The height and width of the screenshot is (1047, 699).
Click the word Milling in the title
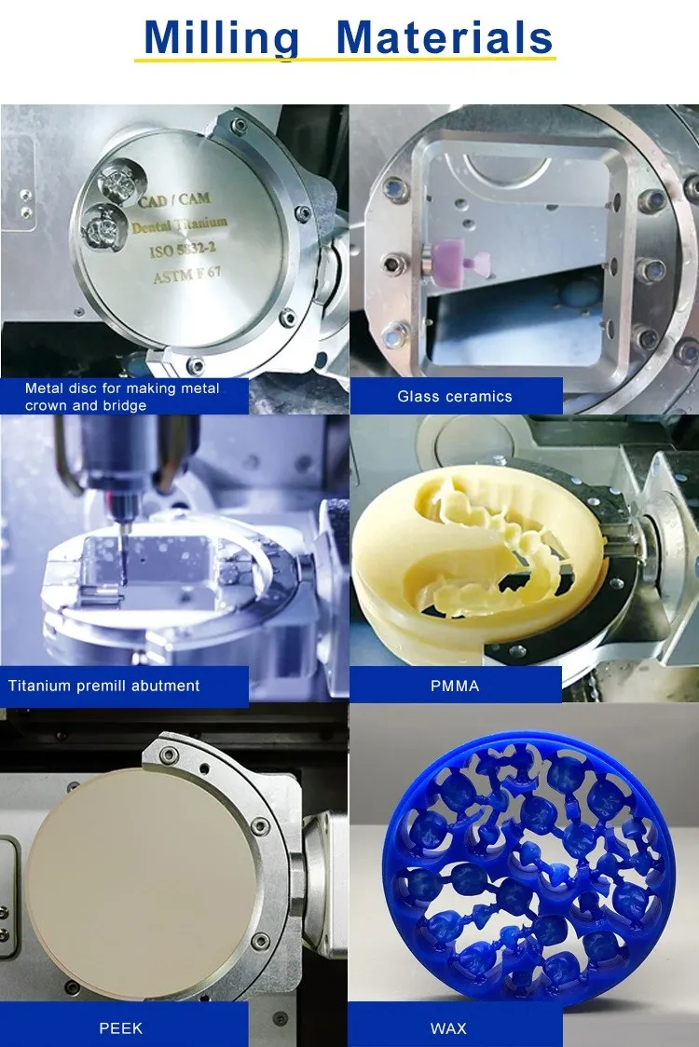pyautogui.click(x=222, y=38)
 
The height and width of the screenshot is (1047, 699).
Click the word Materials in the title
pyautogui.click(x=445, y=38)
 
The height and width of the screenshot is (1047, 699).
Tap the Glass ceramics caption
pyautogui.click(x=455, y=396)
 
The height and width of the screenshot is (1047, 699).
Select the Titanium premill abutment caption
pyautogui.click(x=103, y=686)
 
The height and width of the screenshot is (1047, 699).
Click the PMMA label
pyautogui.click(x=455, y=686)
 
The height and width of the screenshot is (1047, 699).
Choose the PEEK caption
pyautogui.click(x=121, y=1028)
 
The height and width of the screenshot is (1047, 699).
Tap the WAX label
pyautogui.click(x=448, y=1028)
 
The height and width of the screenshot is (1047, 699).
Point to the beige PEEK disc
pyautogui.click(x=140, y=871)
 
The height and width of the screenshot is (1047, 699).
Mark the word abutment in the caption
pyautogui.click(x=165, y=686)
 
